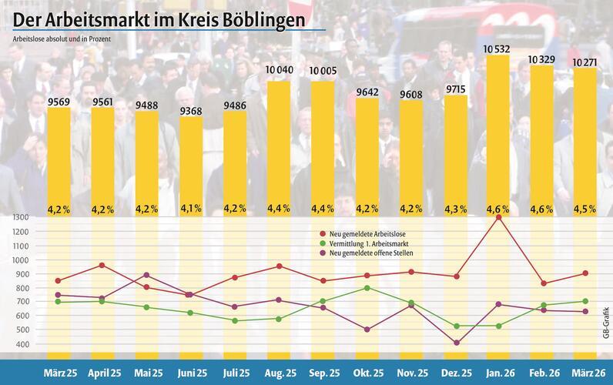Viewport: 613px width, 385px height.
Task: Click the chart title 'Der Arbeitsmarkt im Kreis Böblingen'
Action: coord(162,16)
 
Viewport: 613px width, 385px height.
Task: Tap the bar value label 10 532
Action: coord(498,49)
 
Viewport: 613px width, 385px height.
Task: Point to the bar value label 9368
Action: coord(191,111)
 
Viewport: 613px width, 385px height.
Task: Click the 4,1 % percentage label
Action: coord(191,208)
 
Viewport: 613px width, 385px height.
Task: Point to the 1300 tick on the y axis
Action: coord(20,218)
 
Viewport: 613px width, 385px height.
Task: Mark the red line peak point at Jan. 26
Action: coord(498,218)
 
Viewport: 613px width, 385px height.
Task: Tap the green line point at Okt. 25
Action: coord(367,288)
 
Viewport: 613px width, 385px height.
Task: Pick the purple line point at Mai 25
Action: coord(147,275)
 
